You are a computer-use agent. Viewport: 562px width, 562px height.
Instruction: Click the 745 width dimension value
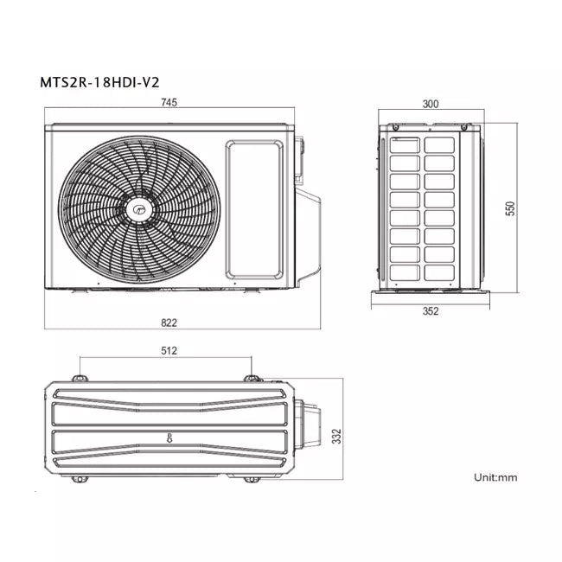click(169, 103)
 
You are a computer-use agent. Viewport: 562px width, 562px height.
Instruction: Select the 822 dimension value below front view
click(169, 323)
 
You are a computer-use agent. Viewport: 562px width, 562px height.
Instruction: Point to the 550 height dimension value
click(510, 208)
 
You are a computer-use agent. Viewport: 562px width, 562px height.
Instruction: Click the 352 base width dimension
click(430, 312)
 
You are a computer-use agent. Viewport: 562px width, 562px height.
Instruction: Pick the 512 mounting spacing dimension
click(169, 351)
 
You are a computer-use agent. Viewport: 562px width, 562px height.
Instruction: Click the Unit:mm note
click(495, 477)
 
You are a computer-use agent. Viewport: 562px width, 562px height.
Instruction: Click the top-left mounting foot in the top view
click(80, 378)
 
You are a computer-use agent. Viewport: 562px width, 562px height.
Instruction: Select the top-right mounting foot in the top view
click(251, 378)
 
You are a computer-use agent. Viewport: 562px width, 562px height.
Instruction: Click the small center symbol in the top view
click(169, 437)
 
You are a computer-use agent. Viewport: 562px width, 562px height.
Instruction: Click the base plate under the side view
click(430, 297)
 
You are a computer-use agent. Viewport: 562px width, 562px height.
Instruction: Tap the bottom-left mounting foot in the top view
click(80, 478)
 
